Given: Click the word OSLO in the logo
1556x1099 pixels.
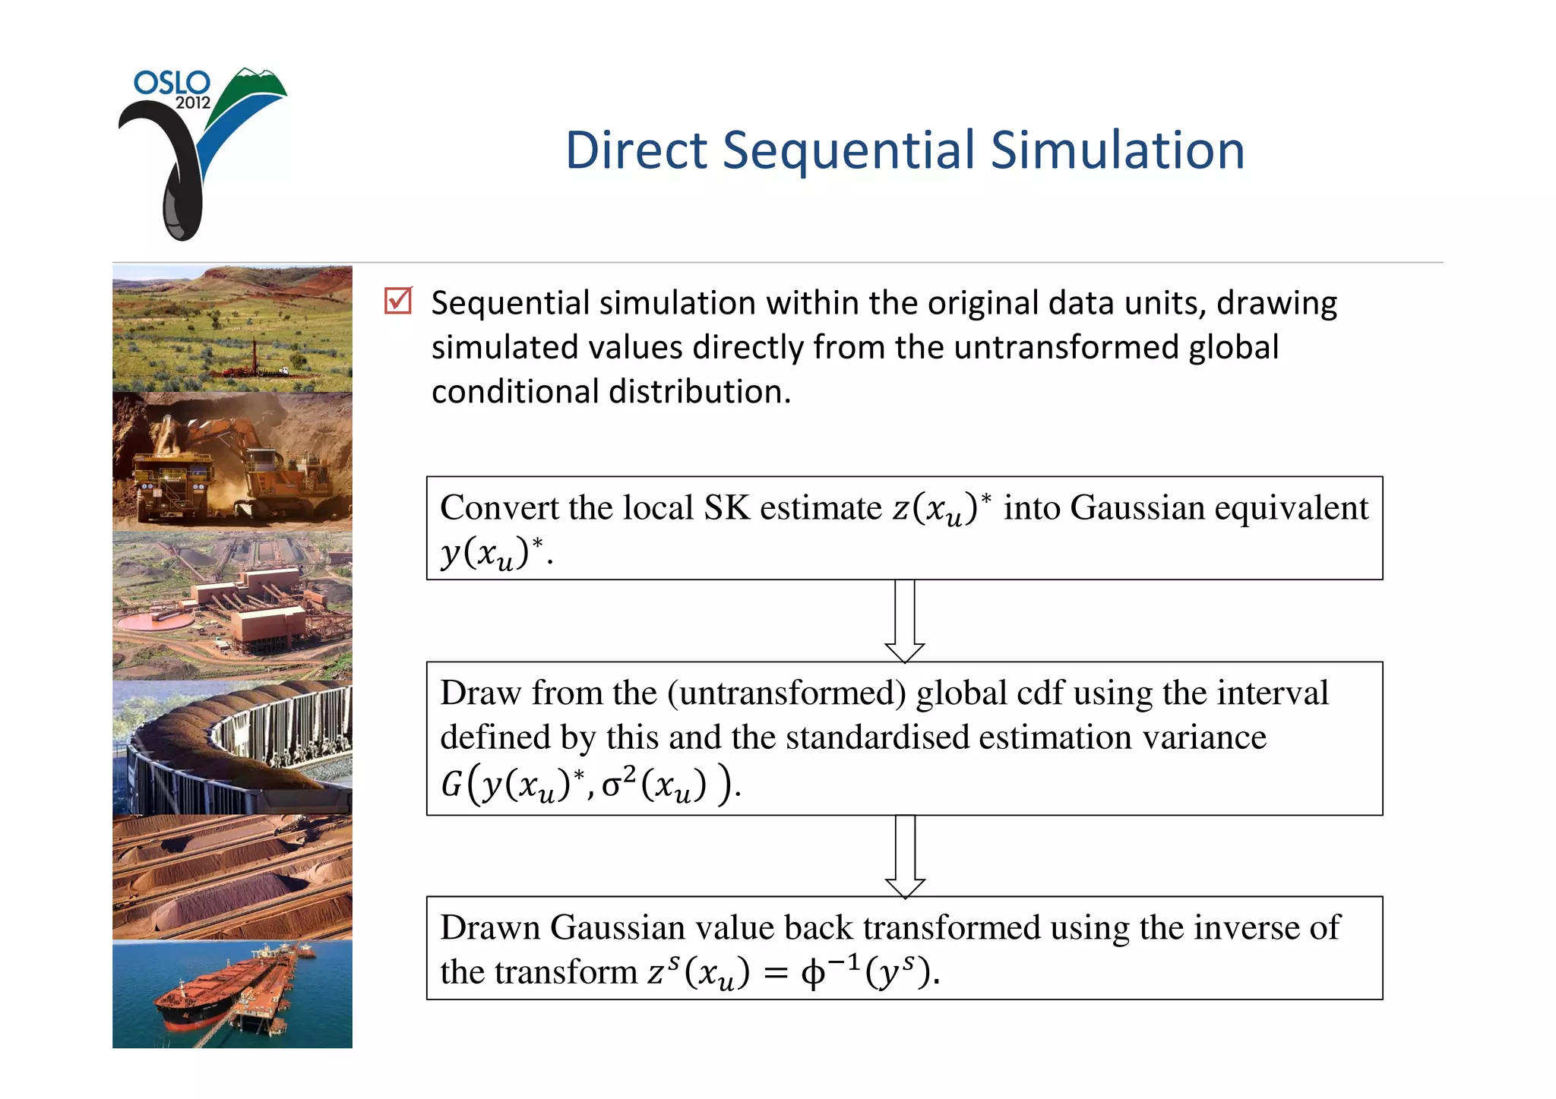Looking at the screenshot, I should pos(172,82).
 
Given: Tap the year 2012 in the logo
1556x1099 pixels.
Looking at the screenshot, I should pos(193,103).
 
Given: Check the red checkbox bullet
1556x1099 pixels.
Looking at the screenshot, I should pos(398,301).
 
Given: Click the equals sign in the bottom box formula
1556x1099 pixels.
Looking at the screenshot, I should pos(775,974).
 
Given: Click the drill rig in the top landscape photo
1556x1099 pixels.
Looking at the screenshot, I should pos(255,357).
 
